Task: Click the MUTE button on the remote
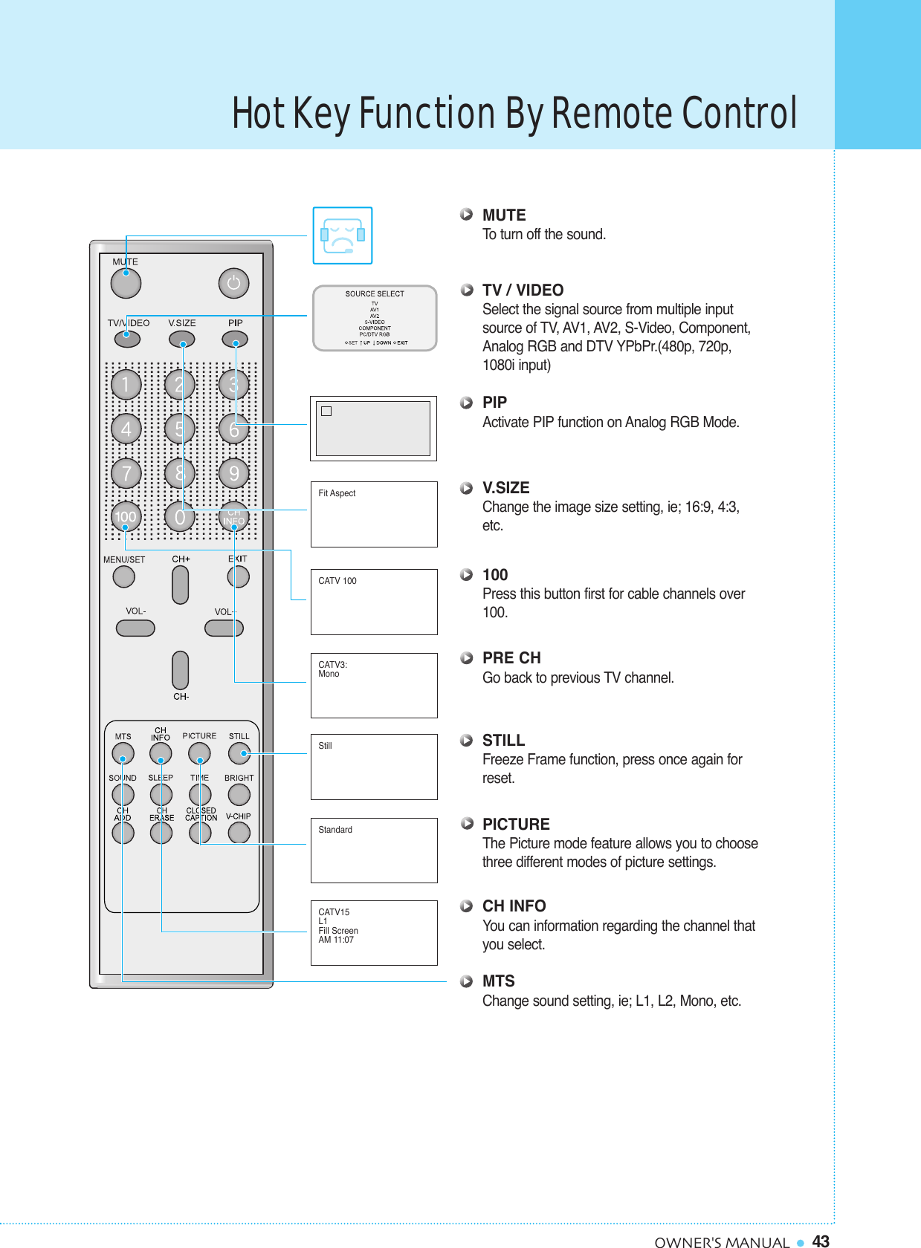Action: point(126,283)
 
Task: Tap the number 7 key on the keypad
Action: point(126,473)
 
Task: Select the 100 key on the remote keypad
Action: point(126,516)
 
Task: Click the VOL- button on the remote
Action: point(135,628)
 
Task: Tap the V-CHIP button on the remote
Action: point(239,833)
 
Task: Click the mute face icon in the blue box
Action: point(342,235)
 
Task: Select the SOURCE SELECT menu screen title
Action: point(375,293)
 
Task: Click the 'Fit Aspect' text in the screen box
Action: point(337,493)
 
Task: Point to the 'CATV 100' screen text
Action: point(337,581)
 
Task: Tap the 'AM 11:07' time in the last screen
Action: point(336,940)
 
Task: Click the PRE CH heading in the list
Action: point(511,658)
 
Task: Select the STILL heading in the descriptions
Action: point(503,741)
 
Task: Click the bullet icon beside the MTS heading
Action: point(466,981)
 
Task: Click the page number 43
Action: point(821,1241)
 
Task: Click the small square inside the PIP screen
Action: point(326,411)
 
